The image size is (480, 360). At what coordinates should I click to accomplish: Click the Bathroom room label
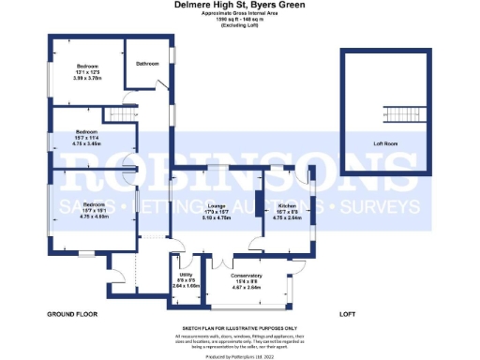(147, 64)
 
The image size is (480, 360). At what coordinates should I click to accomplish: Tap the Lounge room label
(216, 204)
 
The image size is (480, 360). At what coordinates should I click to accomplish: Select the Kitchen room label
(287, 204)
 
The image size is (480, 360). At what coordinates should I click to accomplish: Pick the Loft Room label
(385, 143)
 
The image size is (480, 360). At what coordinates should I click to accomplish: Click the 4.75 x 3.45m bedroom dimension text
(87, 142)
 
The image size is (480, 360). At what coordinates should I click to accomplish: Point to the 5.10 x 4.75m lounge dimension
(216, 217)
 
